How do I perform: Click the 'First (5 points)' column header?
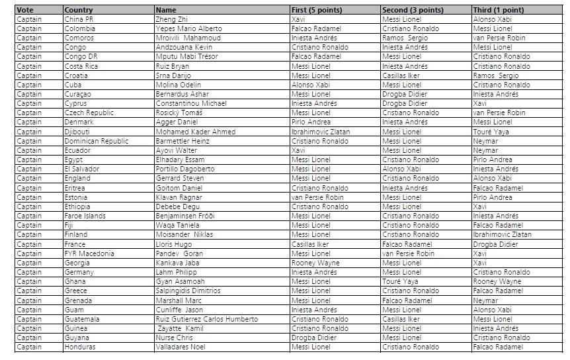[317, 10]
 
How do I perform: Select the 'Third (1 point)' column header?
[499, 10]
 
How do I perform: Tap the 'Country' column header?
[79, 10]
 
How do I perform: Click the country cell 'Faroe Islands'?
[85, 216]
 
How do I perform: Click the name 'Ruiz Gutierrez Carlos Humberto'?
[207, 319]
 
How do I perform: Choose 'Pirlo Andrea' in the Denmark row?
[312, 122]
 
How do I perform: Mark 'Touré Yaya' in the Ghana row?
[401, 281]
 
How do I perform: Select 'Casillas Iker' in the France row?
[313, 244]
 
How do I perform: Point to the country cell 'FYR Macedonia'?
[89, 253]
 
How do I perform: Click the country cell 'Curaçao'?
[78, 94]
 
